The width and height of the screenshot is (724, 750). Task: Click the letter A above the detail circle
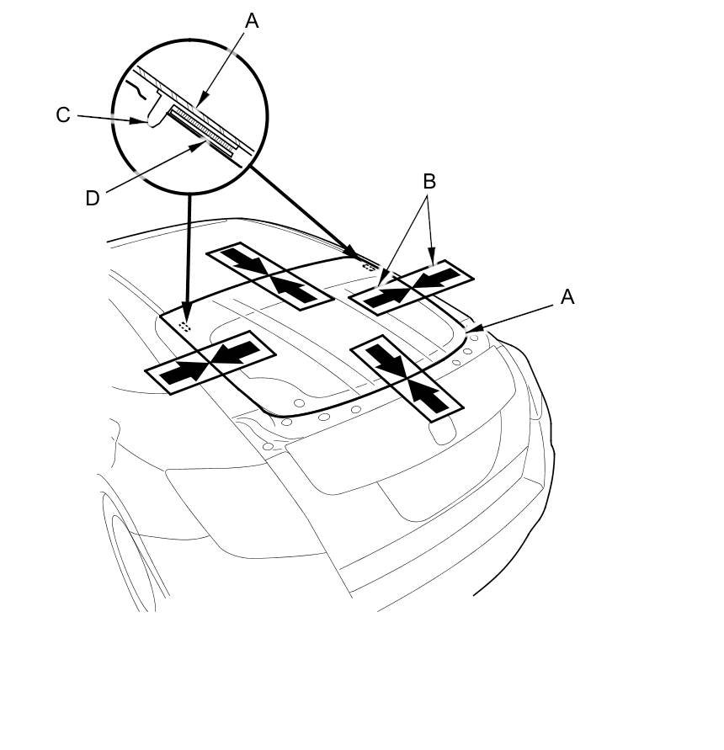251,21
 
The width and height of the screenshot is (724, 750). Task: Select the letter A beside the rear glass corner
567,296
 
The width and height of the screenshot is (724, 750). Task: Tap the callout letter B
429,181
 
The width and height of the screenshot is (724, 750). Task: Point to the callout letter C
63,114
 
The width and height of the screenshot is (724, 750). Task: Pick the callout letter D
93,198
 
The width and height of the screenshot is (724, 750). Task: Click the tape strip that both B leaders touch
411,288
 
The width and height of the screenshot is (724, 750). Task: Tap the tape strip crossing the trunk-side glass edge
407,376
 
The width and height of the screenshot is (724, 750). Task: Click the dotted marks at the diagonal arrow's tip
367,264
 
